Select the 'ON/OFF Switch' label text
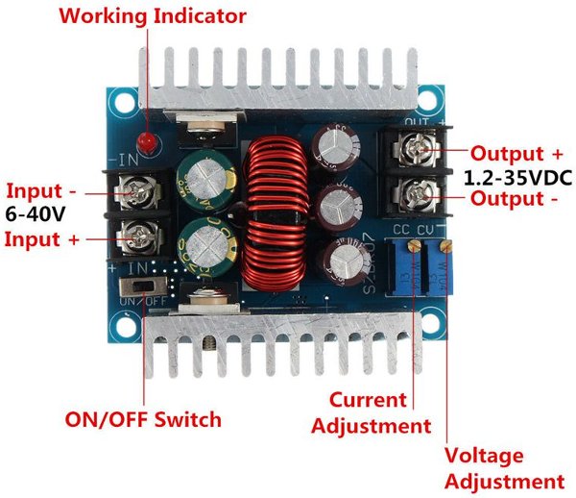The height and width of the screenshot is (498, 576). coord(143,419)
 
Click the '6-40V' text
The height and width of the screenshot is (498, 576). coord(34,213)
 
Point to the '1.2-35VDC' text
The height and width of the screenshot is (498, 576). coord(516,178)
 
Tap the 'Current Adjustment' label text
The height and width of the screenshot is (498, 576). coord(371,411)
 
